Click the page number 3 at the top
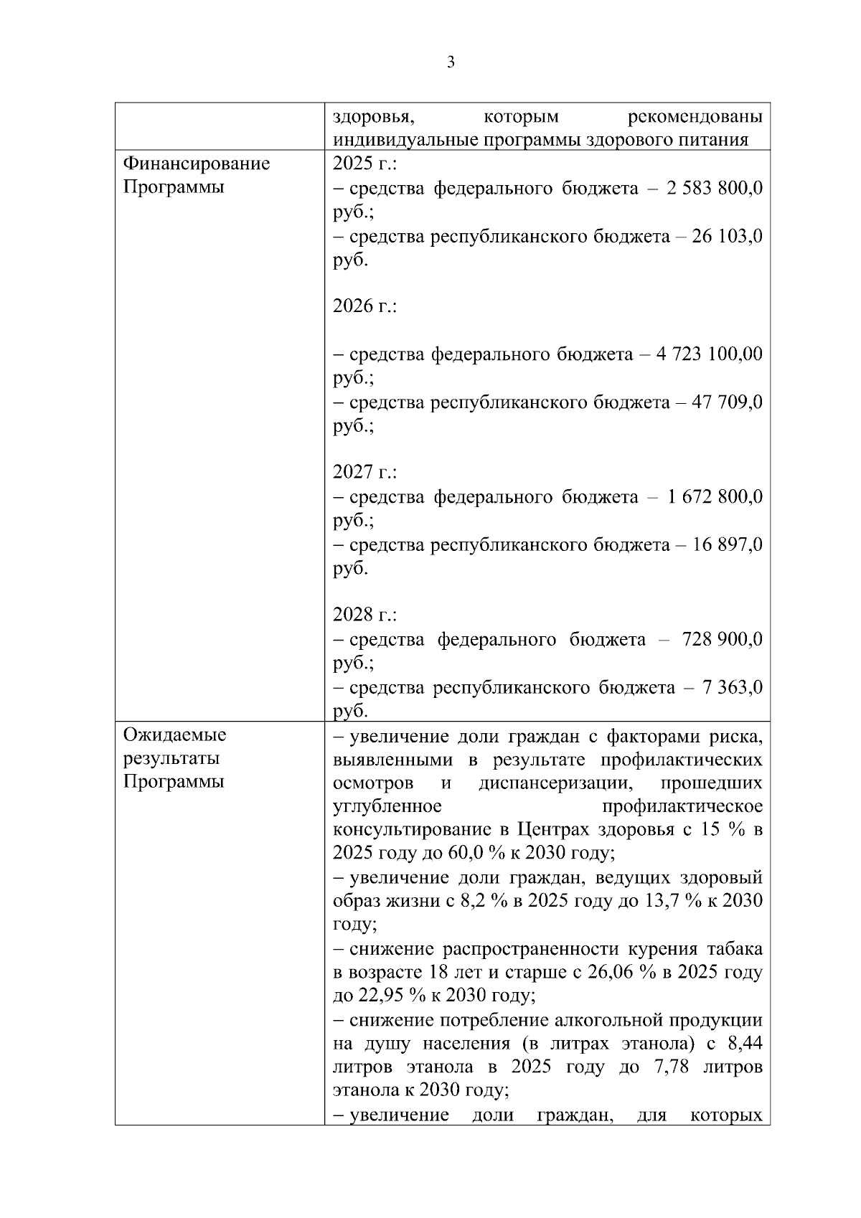pos(451,62)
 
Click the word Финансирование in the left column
pos(197,164)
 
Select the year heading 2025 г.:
pos(365,164)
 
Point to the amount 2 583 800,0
pos(714,188)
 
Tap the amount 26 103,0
pos(727,236)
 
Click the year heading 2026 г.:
pos(365,306)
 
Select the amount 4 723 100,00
pos(709,354)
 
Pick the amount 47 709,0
pos(727,402)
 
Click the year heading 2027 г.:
pos(365,472)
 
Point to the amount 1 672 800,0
pos(714,496)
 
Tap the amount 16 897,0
pos(727,544)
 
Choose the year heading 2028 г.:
pos(365,615)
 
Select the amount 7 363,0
pos(733,687)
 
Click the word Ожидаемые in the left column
pos(174,735)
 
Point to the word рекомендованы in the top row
pos(695,116)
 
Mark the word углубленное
pos(387,806)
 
